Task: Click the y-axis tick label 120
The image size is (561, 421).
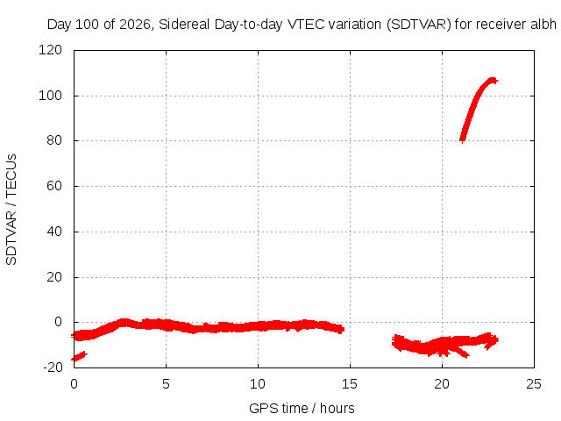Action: coord(50,50)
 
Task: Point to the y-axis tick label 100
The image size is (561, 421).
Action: coord(50,96)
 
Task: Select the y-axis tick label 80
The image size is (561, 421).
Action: coord(54,140)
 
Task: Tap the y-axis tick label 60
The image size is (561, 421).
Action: coord(54,186)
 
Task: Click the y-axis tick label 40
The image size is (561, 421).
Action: coord(54,232)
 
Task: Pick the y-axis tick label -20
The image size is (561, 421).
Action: coord(53,367)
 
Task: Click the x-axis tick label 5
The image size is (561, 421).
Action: coord(166,384)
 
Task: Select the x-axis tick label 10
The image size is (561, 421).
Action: coord(258,384)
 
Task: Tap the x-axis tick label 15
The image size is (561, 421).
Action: coord(350,384)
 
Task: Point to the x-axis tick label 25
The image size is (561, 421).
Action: coord(534,384)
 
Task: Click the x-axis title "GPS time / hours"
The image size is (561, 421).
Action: coord(302,409)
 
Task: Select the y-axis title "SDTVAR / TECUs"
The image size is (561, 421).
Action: coord(11,210)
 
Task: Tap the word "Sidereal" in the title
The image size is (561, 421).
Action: coord(184,25)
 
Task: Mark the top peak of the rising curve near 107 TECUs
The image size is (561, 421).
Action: coord(493,80)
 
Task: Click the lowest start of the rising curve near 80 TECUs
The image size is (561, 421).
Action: coord(462,139)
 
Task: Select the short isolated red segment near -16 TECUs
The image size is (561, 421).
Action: coord(79,357)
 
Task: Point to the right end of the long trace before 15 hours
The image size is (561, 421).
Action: coord(343,329)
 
